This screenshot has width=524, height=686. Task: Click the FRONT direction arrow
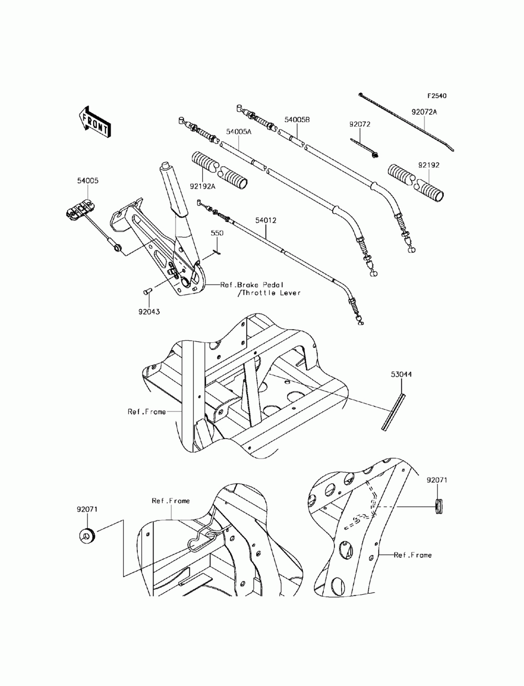[x=94, y=122]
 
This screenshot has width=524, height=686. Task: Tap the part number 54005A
[x=239, y=132]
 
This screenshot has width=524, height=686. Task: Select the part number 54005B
[x=298, y=120]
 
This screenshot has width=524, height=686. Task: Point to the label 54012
[x=267, y=221]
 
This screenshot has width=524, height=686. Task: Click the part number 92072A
[x=424, y=112]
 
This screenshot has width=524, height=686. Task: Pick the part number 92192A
[x=202, y=185]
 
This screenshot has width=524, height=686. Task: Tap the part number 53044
[x=401, y=375]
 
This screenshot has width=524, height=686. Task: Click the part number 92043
[x=149, y=311]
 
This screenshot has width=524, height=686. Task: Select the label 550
[x=217, y=232]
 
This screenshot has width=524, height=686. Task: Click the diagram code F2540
[x=437, y=96]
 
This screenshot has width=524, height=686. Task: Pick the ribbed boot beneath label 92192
[x=417, y=181]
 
